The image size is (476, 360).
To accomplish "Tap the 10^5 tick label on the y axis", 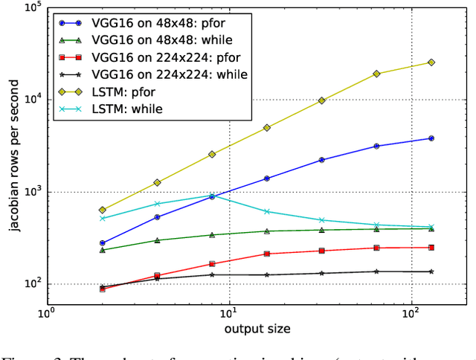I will tap(32, 8).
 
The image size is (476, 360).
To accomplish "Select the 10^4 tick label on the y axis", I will tap(32, 100).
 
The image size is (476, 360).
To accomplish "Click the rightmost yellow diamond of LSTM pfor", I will tap(431, 62).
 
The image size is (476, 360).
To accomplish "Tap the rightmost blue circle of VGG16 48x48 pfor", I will tap(431, 138).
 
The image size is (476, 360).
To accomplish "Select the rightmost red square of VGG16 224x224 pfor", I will tap(431, 248).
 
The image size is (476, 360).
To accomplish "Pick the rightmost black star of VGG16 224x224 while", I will tap(431, 271).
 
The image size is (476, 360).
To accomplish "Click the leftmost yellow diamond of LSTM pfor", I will tap(103, 210).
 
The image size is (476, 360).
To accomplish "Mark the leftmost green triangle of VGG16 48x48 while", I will tap(103, 250).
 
